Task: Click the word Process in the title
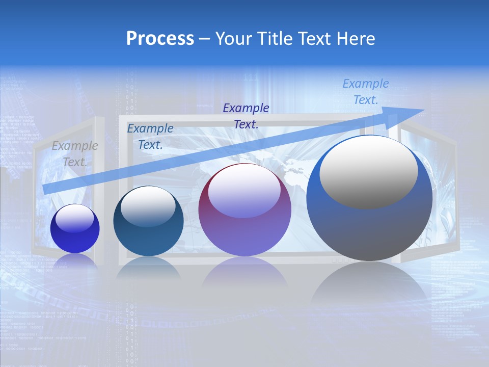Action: click(160, 39)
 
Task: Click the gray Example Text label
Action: click(75, 153)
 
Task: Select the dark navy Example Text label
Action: click(246, 116)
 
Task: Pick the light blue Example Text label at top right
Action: click(366, 92)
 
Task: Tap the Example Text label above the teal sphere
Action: click(150, 136)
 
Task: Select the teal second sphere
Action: click(148, 237)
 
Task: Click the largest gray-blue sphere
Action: click(369, 229)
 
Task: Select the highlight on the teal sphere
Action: click(148, 206)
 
